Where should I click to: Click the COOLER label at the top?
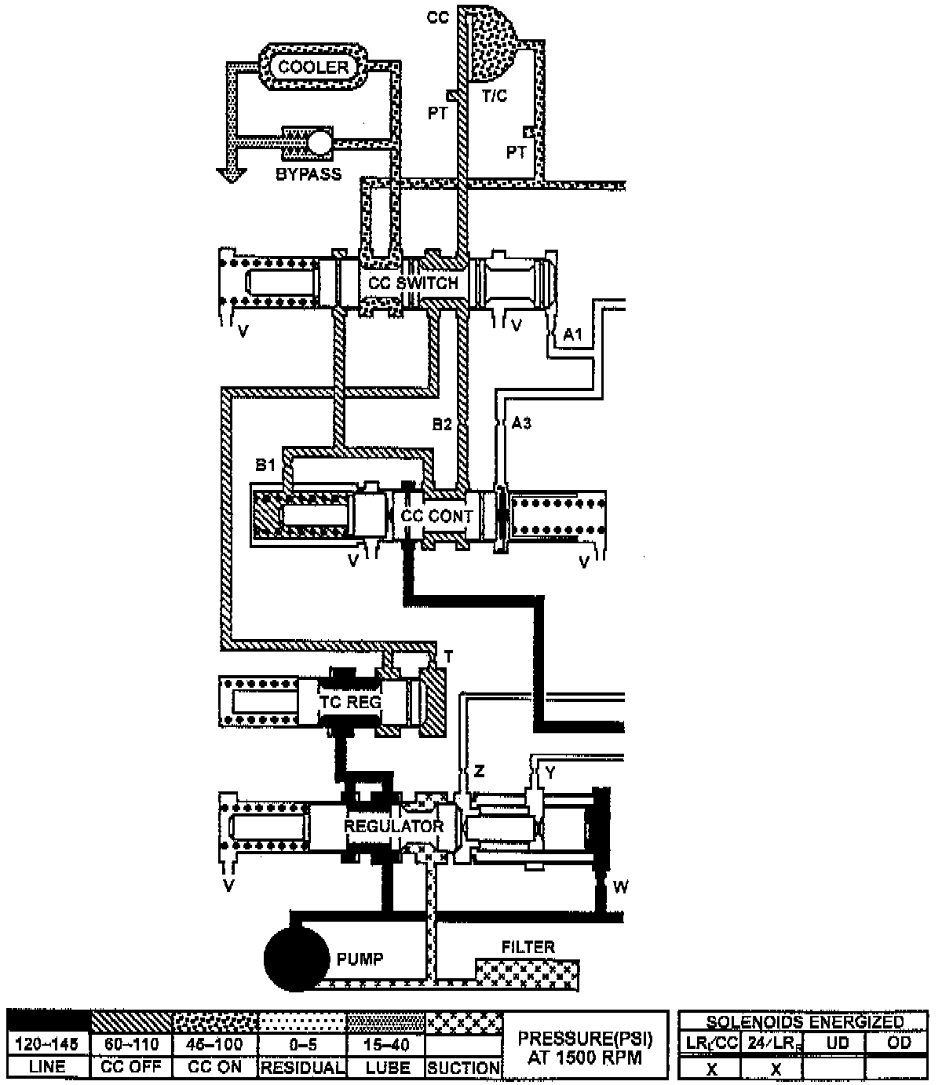(313, 68)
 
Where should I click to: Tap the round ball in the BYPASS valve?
(320, 141)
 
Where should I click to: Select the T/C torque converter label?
(495, 96)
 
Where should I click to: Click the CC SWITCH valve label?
(413, 283)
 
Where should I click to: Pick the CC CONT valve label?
(436, 516)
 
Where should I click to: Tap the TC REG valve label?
(350, 701)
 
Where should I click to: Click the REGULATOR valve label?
(393, 826)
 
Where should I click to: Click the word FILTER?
(528, 947)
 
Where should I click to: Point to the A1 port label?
(573, 335)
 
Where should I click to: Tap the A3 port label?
(521, 424)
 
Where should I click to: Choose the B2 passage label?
(442, 424)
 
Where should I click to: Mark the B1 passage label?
(265, 466)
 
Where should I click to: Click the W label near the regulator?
(620, 888)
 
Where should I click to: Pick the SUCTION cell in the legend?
(464, 1068)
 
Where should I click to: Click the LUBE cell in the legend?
(388, 1068)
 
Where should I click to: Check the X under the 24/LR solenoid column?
(775, 1069)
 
